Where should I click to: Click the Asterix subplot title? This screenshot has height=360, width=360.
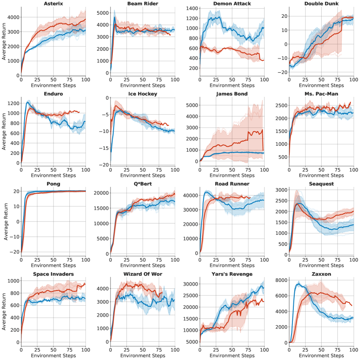pos(53,4)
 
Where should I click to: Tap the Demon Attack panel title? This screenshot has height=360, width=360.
pos(232,4)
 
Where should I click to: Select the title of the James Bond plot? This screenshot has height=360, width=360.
pos(232,94)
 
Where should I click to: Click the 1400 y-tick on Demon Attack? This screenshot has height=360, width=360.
pos(190,9)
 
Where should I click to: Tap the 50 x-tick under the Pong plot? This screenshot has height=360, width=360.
pos(53,259)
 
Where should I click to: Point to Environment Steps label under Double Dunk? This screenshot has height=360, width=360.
pos(321,85)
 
